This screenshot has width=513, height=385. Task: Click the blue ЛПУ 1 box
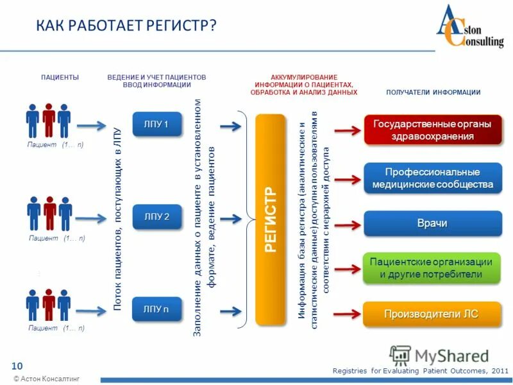(x=156, y=124)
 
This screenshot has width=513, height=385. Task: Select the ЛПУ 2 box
(x=156, y=216)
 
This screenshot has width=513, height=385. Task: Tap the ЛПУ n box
(x=156, y=309)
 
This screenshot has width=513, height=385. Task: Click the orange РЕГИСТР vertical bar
(x=270, y=219)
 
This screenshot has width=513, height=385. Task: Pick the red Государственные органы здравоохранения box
(x=433, y=130)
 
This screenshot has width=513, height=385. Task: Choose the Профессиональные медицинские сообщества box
(x=433, y=178)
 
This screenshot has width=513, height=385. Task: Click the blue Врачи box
(x=433, y=223)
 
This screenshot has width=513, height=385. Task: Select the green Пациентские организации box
(x=433, y=268)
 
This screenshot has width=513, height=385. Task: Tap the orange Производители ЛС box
(x=433, y=314)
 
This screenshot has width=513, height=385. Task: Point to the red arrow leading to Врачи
(x=347, y=225)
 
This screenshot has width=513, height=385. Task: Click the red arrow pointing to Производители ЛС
(x=347, y=314)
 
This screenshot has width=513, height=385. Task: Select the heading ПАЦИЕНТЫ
(x=60, y=77)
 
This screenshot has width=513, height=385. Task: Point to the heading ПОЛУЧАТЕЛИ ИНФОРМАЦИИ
(x=433, y=92)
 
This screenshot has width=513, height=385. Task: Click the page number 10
(x=17, y=365)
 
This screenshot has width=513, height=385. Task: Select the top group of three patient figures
(x=48, y=120)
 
